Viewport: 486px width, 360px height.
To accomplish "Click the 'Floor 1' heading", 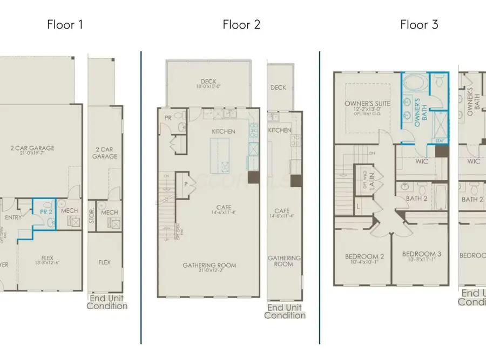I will [x=65, y=24].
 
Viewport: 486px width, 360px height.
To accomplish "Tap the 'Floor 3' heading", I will [x=419, y=24].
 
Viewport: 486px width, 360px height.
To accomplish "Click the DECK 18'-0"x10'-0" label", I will [x=208, y=84].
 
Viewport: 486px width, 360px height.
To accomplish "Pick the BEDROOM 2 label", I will [x=364, y=259].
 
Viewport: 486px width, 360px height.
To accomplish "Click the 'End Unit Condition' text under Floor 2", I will [x=284, y=311].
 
